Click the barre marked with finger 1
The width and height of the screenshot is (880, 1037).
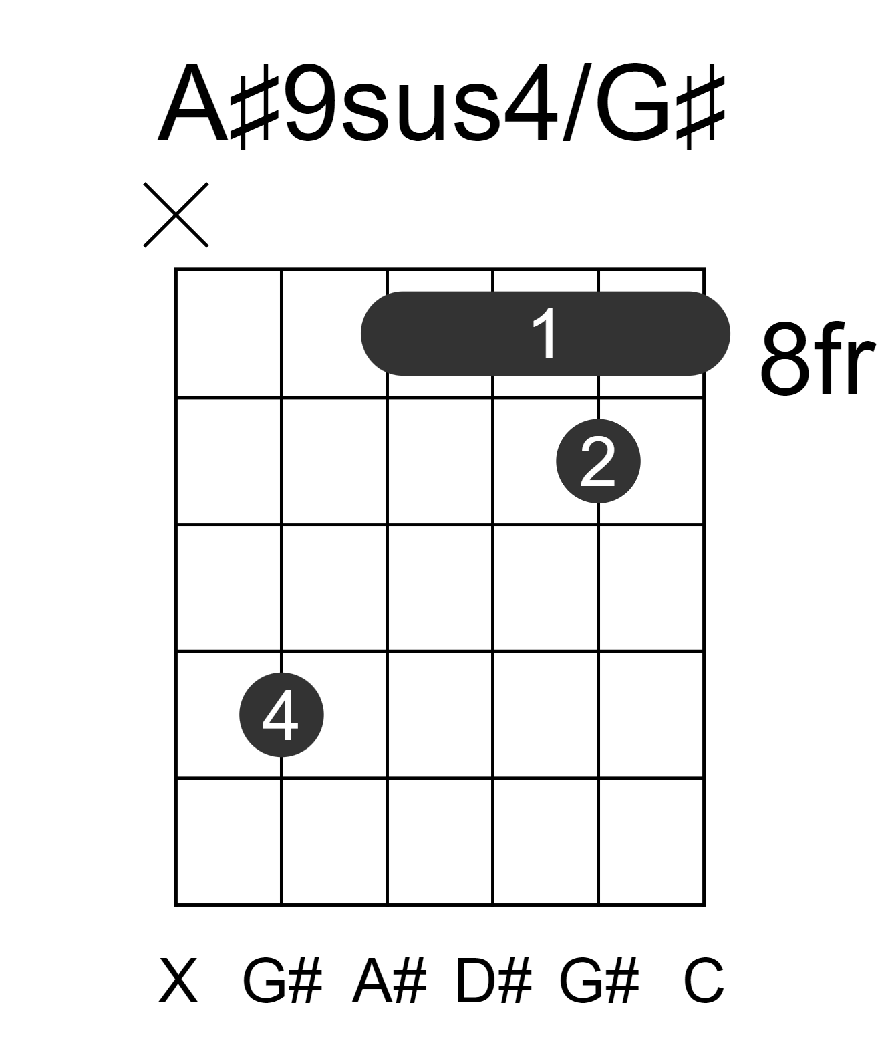coord(545,333)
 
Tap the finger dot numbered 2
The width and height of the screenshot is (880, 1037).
coord(598,461)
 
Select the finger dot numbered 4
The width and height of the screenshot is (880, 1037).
coord(281,715)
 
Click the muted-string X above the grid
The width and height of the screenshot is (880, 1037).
coord(176,215)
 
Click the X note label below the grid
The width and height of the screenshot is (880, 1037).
coord(178,981)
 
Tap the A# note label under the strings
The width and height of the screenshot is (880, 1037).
coord(389,981)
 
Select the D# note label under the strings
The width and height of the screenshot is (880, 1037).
coord(493,981)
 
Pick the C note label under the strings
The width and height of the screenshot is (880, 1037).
coord(704,981)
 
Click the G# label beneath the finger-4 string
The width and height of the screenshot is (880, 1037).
coord(282,981)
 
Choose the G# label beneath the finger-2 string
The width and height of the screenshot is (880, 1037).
coord(599,981)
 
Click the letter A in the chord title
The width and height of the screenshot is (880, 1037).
coord(194,103)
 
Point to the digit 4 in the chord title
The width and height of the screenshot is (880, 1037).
coord(531,103)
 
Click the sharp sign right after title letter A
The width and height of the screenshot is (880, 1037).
coord(255,112)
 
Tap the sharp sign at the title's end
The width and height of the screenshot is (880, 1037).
coord(700,112)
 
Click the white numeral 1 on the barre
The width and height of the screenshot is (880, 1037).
coord(545,334)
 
